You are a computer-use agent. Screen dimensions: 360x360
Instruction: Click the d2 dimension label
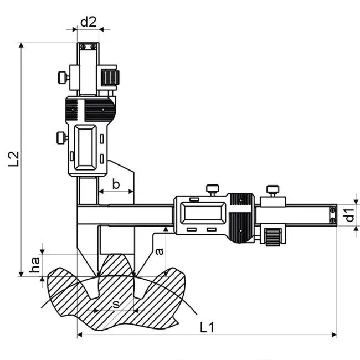tap(89, 22)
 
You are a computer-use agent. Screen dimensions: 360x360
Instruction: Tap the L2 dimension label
tap(13, 159)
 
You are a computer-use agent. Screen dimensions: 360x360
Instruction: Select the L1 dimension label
tap(207, 327)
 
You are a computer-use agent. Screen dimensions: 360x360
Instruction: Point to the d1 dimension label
tap(350, 215)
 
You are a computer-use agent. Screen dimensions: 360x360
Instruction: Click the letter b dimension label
tap(116, 184)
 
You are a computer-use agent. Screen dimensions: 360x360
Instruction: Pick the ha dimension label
tap(35, 265)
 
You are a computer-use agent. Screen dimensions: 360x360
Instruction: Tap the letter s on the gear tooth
tap(116, 304)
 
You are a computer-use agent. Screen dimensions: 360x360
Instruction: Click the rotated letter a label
tap(159, 251)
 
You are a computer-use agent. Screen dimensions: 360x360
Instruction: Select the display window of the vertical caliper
tap(85, 147)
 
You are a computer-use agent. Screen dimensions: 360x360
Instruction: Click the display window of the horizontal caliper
tap(203, 213)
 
